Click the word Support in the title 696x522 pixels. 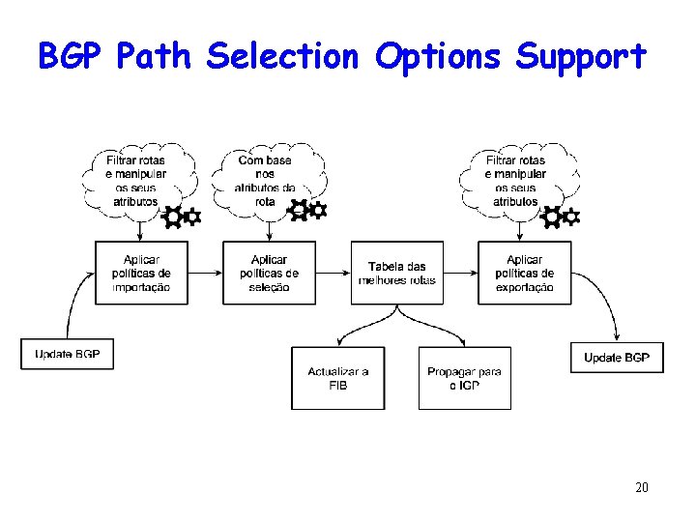(580, 56)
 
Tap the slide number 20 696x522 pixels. (641, 486)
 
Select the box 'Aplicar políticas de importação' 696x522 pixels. (141, 273)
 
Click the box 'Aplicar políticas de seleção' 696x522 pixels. (269, 273)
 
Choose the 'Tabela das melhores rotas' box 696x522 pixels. (396, 273)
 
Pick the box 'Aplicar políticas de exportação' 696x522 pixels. (524, 273)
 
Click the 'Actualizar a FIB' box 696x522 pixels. (337, 378)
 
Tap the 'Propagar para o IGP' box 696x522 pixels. (464, 378)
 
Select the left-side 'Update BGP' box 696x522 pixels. (67, 354)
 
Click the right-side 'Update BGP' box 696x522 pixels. (617, 358)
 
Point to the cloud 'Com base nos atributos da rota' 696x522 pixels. (266, 181)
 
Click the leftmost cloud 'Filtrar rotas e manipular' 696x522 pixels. (136, 181)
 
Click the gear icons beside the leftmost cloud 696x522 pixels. (182, 217)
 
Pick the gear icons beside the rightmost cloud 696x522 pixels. (561, 217)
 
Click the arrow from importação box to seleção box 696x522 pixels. (205, 273)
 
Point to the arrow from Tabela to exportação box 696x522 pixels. (460, 273)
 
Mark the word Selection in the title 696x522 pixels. (282, 56)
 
